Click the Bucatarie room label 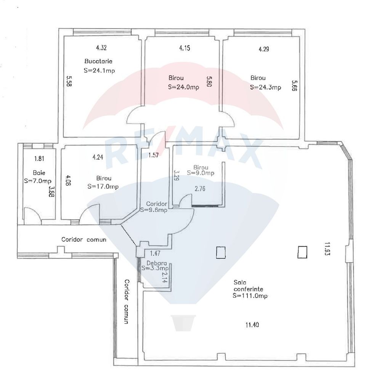pos(98,61)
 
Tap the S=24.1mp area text pos(99,70)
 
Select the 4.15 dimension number pos(185,48)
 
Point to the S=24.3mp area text pos(266,87)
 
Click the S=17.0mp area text pos(103,186)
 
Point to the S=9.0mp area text pos(201,173)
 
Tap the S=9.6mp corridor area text pos(154,210)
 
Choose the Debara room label pos(154,263)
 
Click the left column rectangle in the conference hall pos(220,253)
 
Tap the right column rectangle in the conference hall pos(302,252)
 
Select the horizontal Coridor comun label pos(84,240)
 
